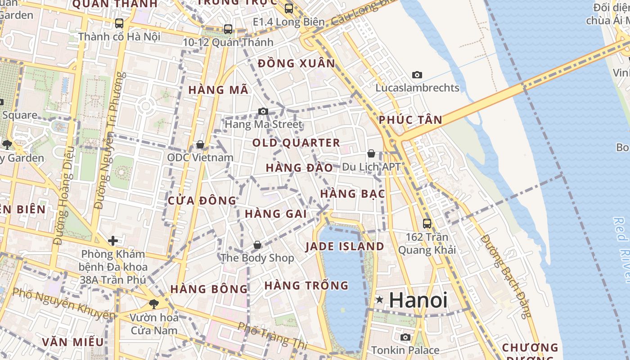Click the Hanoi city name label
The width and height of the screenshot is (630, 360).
tap(418, 300)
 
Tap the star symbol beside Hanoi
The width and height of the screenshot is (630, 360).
tap(380, 300)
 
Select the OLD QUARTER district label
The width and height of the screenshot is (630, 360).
tap(296, 143)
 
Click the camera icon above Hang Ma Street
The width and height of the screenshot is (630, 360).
tap(263, 111)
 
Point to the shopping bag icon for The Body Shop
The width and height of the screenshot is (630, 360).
tap(257, 245)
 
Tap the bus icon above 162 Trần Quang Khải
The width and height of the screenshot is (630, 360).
tap(427, 223)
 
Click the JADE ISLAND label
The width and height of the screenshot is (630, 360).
tap(345, 247)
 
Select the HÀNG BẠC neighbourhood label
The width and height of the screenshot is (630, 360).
tap(353, 194)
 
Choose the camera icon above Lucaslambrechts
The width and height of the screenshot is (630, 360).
tap(417, 75)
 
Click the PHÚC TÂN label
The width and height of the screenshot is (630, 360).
tap(410, 120)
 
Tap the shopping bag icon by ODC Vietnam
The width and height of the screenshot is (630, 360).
tap(200, 144)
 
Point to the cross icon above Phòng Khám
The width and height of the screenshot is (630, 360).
tap(113, 241)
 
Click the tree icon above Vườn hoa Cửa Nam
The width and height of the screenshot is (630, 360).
tap(154, 304)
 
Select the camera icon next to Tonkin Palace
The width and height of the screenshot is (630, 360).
tap(405, 337)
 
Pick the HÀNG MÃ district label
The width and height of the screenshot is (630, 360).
tap(218, 90)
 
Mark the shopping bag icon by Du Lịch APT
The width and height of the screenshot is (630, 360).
tap(371, 153)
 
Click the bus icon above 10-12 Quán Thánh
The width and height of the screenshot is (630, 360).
tap(228, 29)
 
